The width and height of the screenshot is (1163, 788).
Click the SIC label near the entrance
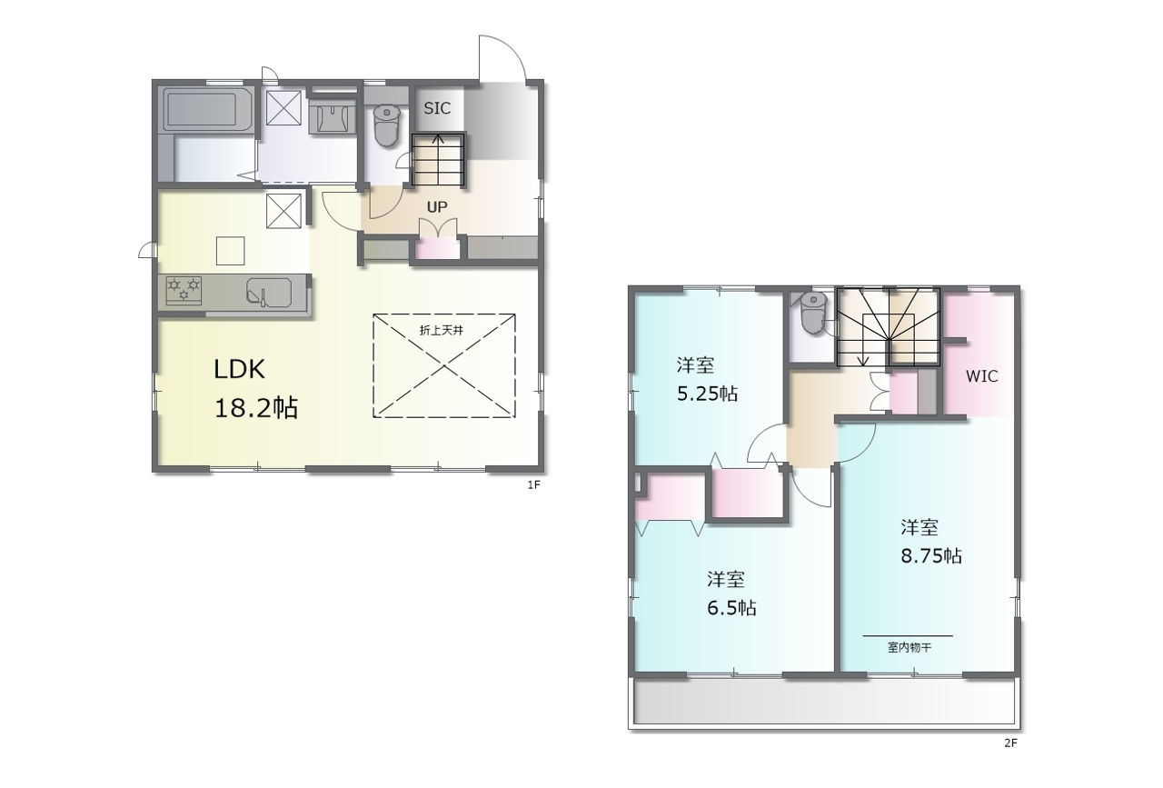tap(437, 108)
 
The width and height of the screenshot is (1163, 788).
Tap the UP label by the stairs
tap(437, 207)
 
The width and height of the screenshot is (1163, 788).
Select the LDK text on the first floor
tap(239, 369)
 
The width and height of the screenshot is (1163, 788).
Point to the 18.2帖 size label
tap(256, 408)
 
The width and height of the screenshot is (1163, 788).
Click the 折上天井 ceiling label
tap(441, 330)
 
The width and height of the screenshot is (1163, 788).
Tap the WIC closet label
tap(981, 376)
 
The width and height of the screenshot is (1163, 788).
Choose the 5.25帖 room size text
tap(707, 394)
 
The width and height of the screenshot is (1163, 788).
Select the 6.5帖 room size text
tap(731, 607)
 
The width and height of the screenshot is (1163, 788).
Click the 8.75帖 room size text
tap(931, 556)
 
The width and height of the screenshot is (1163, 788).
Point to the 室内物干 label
tap(910, 648)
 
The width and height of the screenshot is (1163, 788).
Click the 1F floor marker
tap(534, 485)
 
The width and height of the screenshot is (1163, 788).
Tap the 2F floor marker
tap(1010, 743)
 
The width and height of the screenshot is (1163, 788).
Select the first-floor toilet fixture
tap(386, 125)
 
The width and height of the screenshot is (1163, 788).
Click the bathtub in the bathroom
tap(209, 110)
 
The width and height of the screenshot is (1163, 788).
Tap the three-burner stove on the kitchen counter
tap(184, 290)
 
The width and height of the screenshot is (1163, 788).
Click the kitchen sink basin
tap(268, 294)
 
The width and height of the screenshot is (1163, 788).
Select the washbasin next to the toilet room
tap(332, 117)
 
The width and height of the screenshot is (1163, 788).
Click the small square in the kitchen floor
tap(231, 251)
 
